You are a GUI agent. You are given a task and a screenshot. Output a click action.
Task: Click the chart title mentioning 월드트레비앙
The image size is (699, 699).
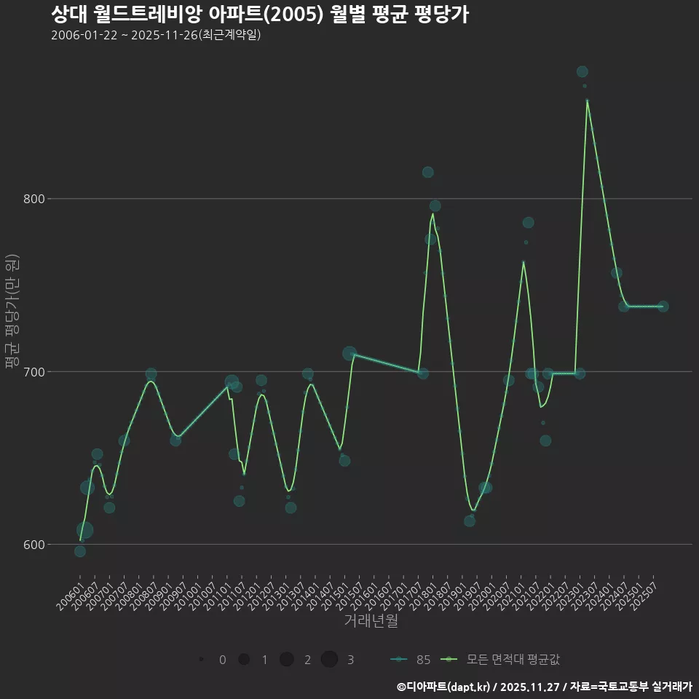coord(260,15)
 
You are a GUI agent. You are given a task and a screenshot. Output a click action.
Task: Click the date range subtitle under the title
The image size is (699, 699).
coord(156,36)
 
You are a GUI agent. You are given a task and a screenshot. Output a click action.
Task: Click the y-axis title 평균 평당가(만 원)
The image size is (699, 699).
coord(12,312)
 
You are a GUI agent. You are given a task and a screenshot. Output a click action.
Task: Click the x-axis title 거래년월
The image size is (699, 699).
coord(371,621)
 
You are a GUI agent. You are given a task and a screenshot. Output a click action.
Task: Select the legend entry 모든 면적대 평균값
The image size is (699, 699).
coord(502,660)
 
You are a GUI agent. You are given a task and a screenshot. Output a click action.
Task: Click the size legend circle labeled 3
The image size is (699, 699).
coord(329,660)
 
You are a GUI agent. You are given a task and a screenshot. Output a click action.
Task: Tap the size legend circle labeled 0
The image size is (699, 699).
coord(200,660)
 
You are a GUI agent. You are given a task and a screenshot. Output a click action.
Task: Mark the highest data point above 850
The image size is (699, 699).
coord(582,71)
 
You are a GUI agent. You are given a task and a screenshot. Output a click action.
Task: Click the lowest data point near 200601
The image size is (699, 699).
coord(80,551)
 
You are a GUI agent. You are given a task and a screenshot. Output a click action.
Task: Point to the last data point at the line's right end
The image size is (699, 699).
coord(663,307)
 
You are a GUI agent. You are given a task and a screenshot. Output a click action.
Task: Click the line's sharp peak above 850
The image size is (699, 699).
coord(587,100)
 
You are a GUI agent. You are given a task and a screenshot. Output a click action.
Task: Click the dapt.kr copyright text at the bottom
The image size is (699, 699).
coord(544,687)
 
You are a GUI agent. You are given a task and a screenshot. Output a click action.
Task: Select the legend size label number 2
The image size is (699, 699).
coord(307,660)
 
